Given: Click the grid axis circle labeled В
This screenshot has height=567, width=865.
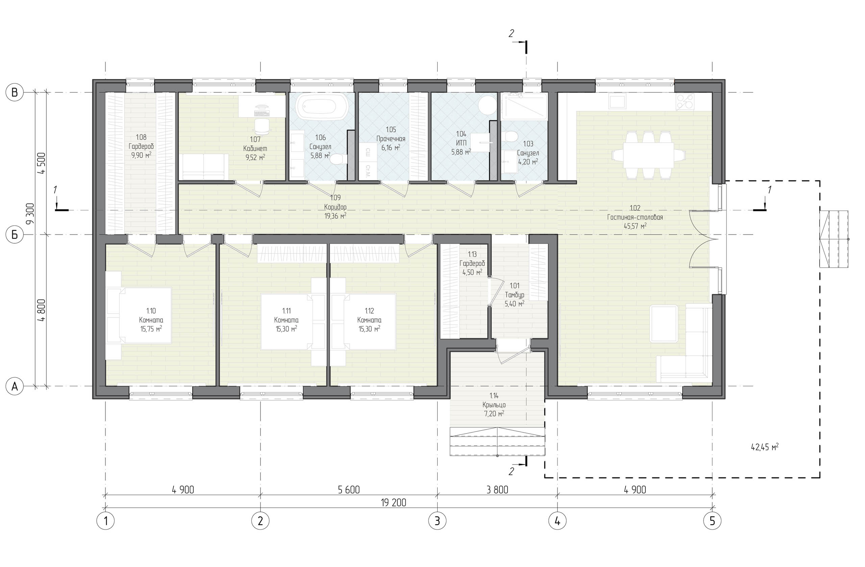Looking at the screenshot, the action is (x=15, y=93).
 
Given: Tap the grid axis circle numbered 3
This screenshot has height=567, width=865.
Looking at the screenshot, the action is (x=437, y=521).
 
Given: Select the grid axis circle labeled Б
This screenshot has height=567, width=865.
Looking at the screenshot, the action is (x=15, y=235).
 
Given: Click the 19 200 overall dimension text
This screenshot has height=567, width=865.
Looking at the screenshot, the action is (x=393, y=502).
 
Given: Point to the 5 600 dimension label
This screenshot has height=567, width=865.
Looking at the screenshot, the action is (x=349, y=490).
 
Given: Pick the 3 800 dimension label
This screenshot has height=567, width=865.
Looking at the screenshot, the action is (x=497, y=490).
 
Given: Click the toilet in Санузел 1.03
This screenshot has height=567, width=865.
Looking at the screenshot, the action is (x=511, y=137).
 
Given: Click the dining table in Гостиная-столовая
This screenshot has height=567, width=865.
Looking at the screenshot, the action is (x=648, y=155).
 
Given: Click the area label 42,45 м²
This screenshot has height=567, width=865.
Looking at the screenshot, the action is (x=765, y=447).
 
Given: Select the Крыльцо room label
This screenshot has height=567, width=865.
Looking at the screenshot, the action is (x=494, y=404).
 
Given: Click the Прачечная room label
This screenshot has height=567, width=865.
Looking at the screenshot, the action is (x=391, y=139).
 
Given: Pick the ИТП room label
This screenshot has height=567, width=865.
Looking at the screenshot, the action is (x=461, y=143).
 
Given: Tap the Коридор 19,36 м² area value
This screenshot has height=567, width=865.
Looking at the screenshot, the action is (x=335, y=216).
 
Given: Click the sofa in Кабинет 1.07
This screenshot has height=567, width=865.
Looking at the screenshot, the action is (x=203, y=167).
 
